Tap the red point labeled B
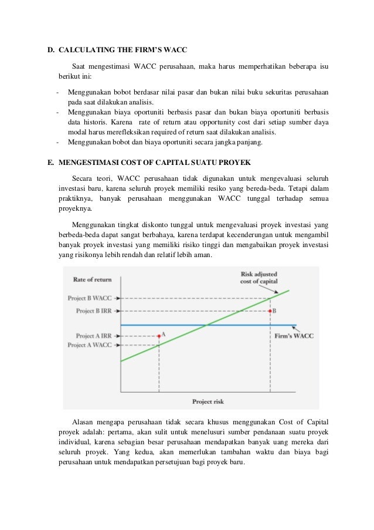coord(270,310)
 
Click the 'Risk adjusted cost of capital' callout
coord(262,277)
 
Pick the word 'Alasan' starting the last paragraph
coord(82,422)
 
